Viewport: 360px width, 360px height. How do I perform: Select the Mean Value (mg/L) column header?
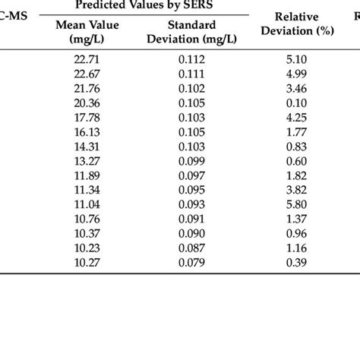pyautogui.click(x=84, y=32)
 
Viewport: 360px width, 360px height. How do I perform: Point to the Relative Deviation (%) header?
pyautogui.click(x=292, y=24)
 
